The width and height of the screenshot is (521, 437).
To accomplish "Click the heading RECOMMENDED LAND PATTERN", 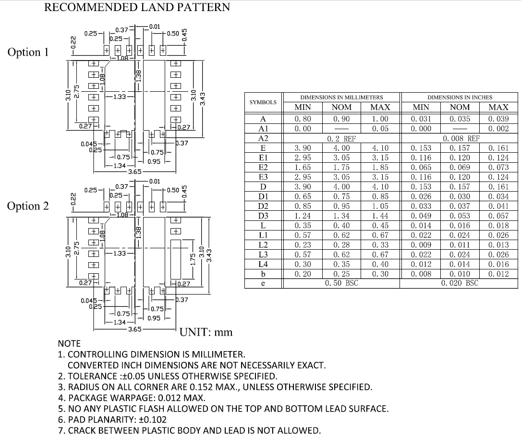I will (137, 7).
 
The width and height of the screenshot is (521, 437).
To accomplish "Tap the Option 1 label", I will (28, 52).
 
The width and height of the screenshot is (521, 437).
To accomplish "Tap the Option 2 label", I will (28, 206).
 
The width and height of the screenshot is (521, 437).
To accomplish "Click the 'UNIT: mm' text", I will (206, 332).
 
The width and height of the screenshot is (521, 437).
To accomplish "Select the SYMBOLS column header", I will (263, 102).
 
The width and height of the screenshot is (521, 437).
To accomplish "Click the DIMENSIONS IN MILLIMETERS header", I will (341, 97).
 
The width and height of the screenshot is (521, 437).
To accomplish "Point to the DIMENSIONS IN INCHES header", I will (460, 97).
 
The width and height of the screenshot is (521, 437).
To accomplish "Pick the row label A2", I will (263, 138).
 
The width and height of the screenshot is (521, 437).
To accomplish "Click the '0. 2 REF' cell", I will (341, 138).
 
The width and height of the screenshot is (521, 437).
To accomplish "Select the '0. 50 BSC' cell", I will (341, 283).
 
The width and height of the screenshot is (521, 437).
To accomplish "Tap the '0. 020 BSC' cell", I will (460, 283).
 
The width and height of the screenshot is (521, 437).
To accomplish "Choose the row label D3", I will (263, 216).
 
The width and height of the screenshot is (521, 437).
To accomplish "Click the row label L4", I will (263, 264).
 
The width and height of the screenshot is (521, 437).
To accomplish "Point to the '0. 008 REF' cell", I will (460, 138).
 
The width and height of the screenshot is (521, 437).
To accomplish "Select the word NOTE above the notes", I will (69, 344).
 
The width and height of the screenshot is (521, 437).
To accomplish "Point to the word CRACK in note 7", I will (82, 430).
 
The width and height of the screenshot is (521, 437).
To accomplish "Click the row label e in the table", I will (263, 283).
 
